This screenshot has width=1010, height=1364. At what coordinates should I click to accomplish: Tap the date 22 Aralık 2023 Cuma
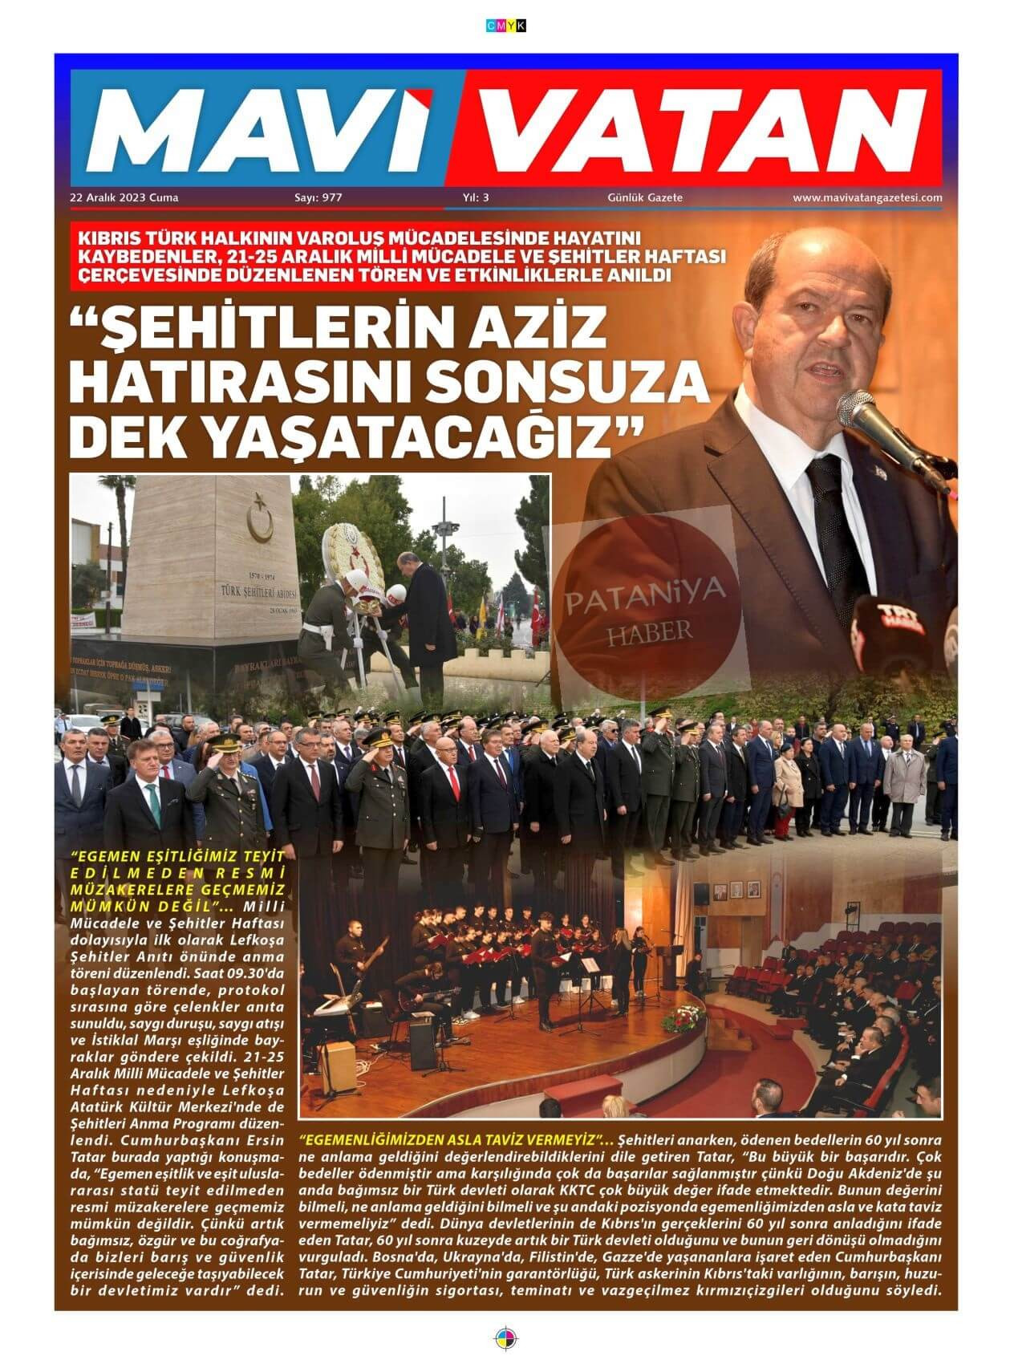pos(124,197)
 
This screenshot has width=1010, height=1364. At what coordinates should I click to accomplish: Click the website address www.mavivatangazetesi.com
pos(867,197)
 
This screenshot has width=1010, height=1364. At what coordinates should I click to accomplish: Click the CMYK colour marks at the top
pos(505,26)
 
